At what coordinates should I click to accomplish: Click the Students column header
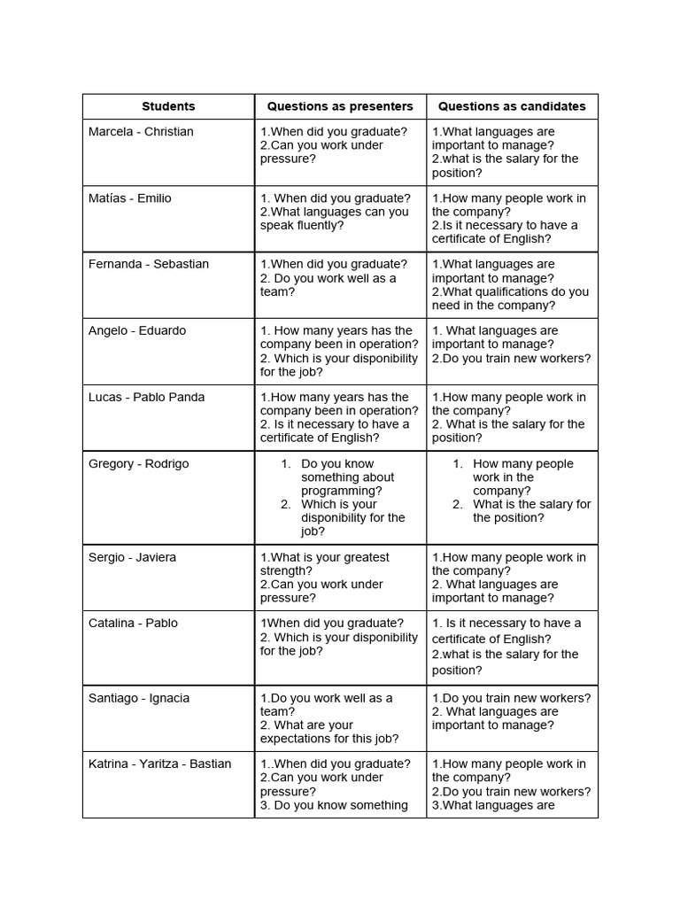(168, 106)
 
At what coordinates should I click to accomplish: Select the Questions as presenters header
(340, 106)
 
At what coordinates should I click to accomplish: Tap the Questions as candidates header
(512, 106)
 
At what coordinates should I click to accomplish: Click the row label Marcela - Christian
(141, 132)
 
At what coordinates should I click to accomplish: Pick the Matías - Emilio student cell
(130, 198)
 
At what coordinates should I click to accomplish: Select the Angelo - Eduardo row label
(137, 331)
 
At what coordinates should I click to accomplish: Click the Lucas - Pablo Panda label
(146, 398)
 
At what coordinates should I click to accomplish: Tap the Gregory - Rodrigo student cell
(138, 464)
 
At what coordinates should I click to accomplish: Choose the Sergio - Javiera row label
(132, 557)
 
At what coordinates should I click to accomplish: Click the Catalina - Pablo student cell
(133, 624)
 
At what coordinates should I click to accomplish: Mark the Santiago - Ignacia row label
(139, 698)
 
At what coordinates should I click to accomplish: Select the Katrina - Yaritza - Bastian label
(159, 764)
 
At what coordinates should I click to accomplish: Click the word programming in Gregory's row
(342, 491)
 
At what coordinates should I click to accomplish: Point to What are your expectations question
(329, 732)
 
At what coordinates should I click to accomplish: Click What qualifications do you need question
(510, 298)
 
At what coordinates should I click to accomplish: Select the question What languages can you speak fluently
(335, 219)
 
